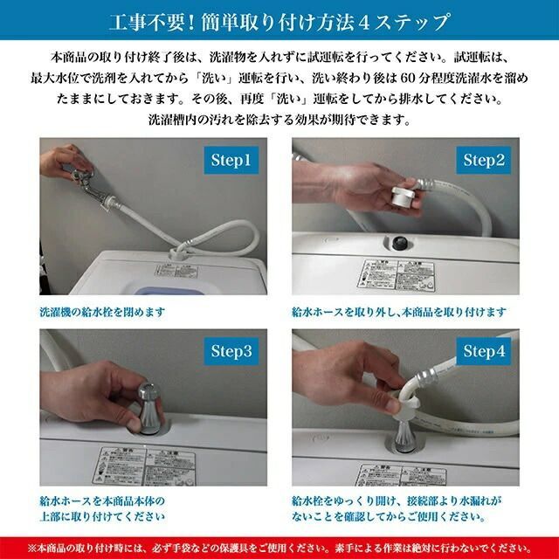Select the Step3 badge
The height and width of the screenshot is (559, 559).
[x=231, y=351]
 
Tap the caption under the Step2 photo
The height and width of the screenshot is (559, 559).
[x=398, y=310]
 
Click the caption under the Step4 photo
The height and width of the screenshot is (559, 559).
[x=397, y=510]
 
